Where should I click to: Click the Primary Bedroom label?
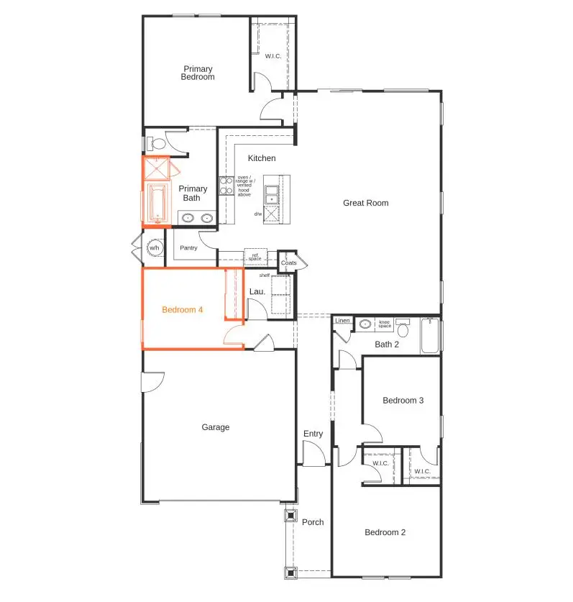click(197, 73)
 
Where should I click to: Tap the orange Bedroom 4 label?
click(183, 310)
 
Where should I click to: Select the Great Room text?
click(365, 203)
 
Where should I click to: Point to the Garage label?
click(215, 427)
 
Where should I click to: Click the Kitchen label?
click(262, 158)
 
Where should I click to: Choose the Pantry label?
click(188, 248)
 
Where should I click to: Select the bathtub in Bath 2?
click(430, 337)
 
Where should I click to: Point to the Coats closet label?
click(288, 263)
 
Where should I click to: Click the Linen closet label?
click(342, 321)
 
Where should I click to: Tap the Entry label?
click(313, 434)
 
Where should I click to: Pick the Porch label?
click(313, 522)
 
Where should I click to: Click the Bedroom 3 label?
click(403, 401)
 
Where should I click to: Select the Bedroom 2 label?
click(385, 533)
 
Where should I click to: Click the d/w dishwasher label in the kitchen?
click(257, 214)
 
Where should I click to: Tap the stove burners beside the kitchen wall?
click(226, 186)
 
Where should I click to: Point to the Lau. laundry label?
click(257, 291)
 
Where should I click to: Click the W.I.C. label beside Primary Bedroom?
click(273, 56)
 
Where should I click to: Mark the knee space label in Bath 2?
click(385, 324)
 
